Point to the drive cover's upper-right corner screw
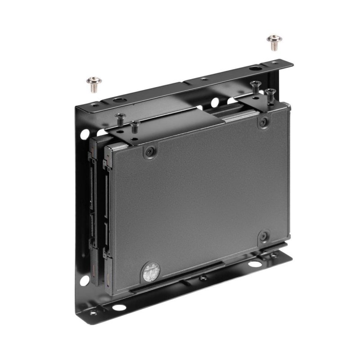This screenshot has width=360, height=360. pos(264,121)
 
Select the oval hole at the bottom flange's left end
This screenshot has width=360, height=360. pos(119,307)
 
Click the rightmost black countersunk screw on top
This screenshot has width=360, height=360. pos(270,94)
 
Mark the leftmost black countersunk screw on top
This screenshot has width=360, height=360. pos(120,119)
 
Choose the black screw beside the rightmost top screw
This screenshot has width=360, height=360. pos(255,87)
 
